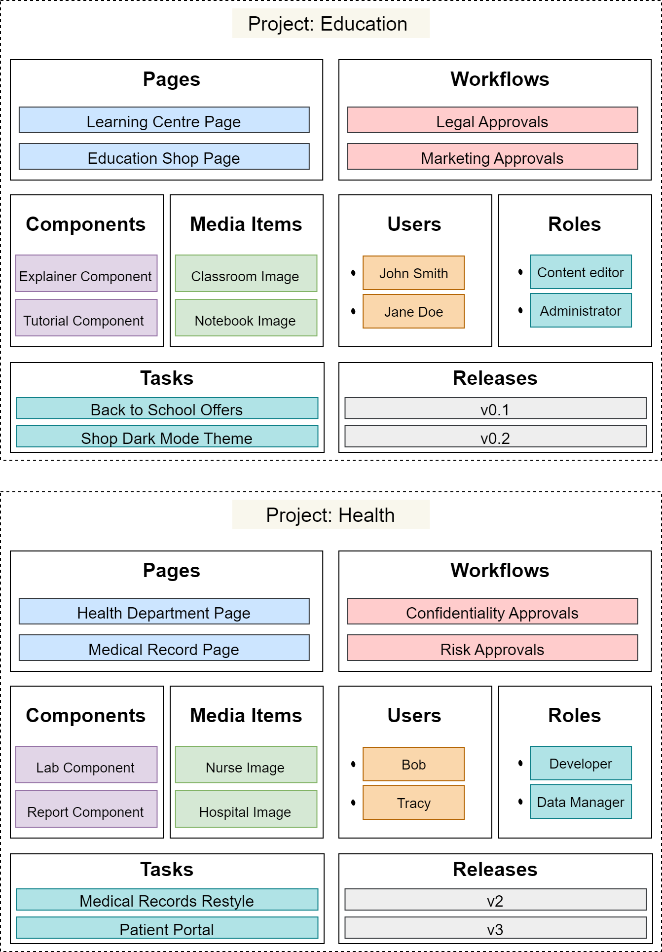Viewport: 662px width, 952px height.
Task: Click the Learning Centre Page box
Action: (164, 120)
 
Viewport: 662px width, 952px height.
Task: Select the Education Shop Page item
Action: (164, 157)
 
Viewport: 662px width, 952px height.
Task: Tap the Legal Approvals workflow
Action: (492, 120)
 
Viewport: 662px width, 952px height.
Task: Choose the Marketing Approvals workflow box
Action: (492, 157)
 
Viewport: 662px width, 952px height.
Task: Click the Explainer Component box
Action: (86, 274)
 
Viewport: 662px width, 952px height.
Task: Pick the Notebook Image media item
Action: (246, 318)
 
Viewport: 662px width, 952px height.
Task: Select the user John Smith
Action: (413, 273)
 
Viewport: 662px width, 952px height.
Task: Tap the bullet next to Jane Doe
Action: (353, 311)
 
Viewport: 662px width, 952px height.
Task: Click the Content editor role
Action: (581, 272)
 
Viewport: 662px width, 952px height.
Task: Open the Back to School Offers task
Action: (167, 408)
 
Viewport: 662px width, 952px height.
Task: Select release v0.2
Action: (495, 437)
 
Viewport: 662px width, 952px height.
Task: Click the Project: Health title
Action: (331, 515)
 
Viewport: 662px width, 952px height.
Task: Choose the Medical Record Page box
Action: (164, 648)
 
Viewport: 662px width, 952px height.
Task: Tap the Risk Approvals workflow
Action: (492, 648)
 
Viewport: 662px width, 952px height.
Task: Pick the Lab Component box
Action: (86, 765)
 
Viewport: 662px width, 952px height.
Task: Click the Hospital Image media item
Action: (246, 809)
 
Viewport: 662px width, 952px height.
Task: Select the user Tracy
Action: (413, 803)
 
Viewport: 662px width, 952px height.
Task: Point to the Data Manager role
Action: (581, 802)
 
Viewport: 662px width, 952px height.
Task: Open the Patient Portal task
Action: (167, 928)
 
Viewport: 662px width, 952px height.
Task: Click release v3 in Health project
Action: (495, 928)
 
